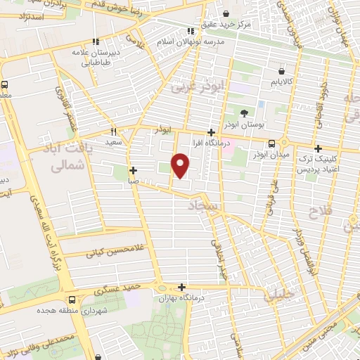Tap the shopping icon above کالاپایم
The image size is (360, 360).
(282, 71)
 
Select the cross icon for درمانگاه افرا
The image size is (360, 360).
(211, 132)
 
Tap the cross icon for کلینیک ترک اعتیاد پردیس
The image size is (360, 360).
(319, 148)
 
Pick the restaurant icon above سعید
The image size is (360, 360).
(113, 131)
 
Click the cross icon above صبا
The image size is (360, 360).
(133, 170)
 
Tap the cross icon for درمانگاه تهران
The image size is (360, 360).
(182, 287)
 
